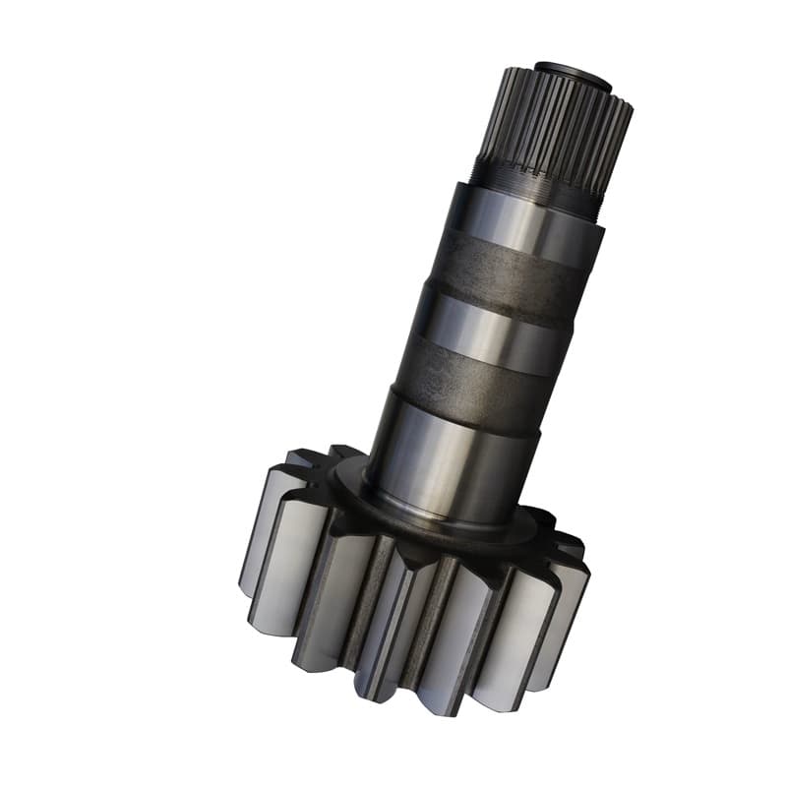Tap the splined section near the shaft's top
point(556,128)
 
